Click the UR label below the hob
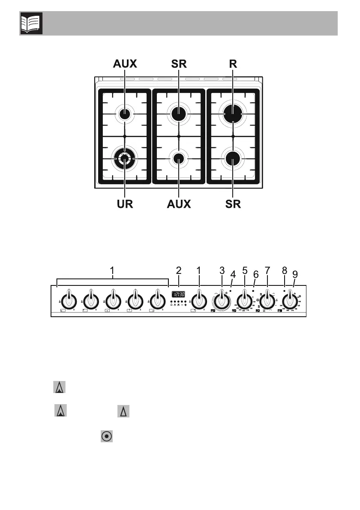coord(123,204)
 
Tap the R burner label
coord(232,64)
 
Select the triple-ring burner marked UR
coord(124,159)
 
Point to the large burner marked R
coord(232,114)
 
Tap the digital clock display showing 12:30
coord(179,294)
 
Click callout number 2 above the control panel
coord(179,271)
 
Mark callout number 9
coord(294,273)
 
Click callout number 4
coord(233,273)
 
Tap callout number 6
coord(256,273)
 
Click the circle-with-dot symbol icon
coord(107,436)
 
